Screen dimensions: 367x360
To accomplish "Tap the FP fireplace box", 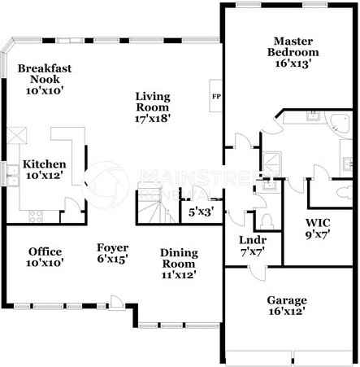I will click(x=216, y=96).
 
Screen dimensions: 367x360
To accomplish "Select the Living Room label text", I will click(x=153, y=106).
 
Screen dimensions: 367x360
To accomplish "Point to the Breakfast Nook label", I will click(x=46, y=80).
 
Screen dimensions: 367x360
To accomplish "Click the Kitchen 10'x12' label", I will click(x=44, y=169).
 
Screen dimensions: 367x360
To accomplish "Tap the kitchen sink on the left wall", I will click(x=12, y=172).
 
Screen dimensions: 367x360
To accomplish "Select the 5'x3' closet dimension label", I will click(x=200, y=212).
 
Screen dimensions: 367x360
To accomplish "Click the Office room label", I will click(x=45, y=256).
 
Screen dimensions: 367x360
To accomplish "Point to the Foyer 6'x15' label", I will click(x=111, y=253).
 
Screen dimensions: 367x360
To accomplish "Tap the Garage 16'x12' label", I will click(x=291, y=305).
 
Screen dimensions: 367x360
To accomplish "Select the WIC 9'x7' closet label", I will click(x=318, y=229).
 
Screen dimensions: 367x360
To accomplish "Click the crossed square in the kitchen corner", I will click(x=16, y=134).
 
